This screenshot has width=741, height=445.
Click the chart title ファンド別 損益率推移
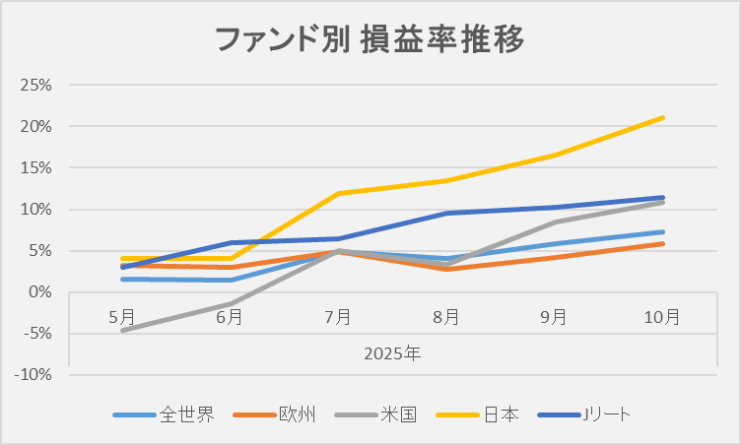point(370,40)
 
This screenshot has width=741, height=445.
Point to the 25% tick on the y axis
point(36,85)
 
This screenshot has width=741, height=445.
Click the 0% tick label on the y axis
point(39,292)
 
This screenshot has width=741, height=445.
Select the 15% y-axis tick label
point(36,167)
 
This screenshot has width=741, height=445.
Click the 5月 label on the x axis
point(122,316)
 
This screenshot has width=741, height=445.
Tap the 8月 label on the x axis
point(446,316)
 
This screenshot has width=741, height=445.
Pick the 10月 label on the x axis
point(662,316)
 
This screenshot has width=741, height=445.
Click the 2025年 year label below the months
point(392,351)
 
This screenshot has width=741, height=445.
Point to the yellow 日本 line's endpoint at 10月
point(662,118)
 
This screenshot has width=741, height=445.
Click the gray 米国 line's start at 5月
point(122,331)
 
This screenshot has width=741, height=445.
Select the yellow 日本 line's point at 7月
point(338,193)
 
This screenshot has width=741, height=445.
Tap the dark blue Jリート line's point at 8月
point(446,213)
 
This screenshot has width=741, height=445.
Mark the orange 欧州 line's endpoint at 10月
point(662,243)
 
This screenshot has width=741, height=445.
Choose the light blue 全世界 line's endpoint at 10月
point(662,232)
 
